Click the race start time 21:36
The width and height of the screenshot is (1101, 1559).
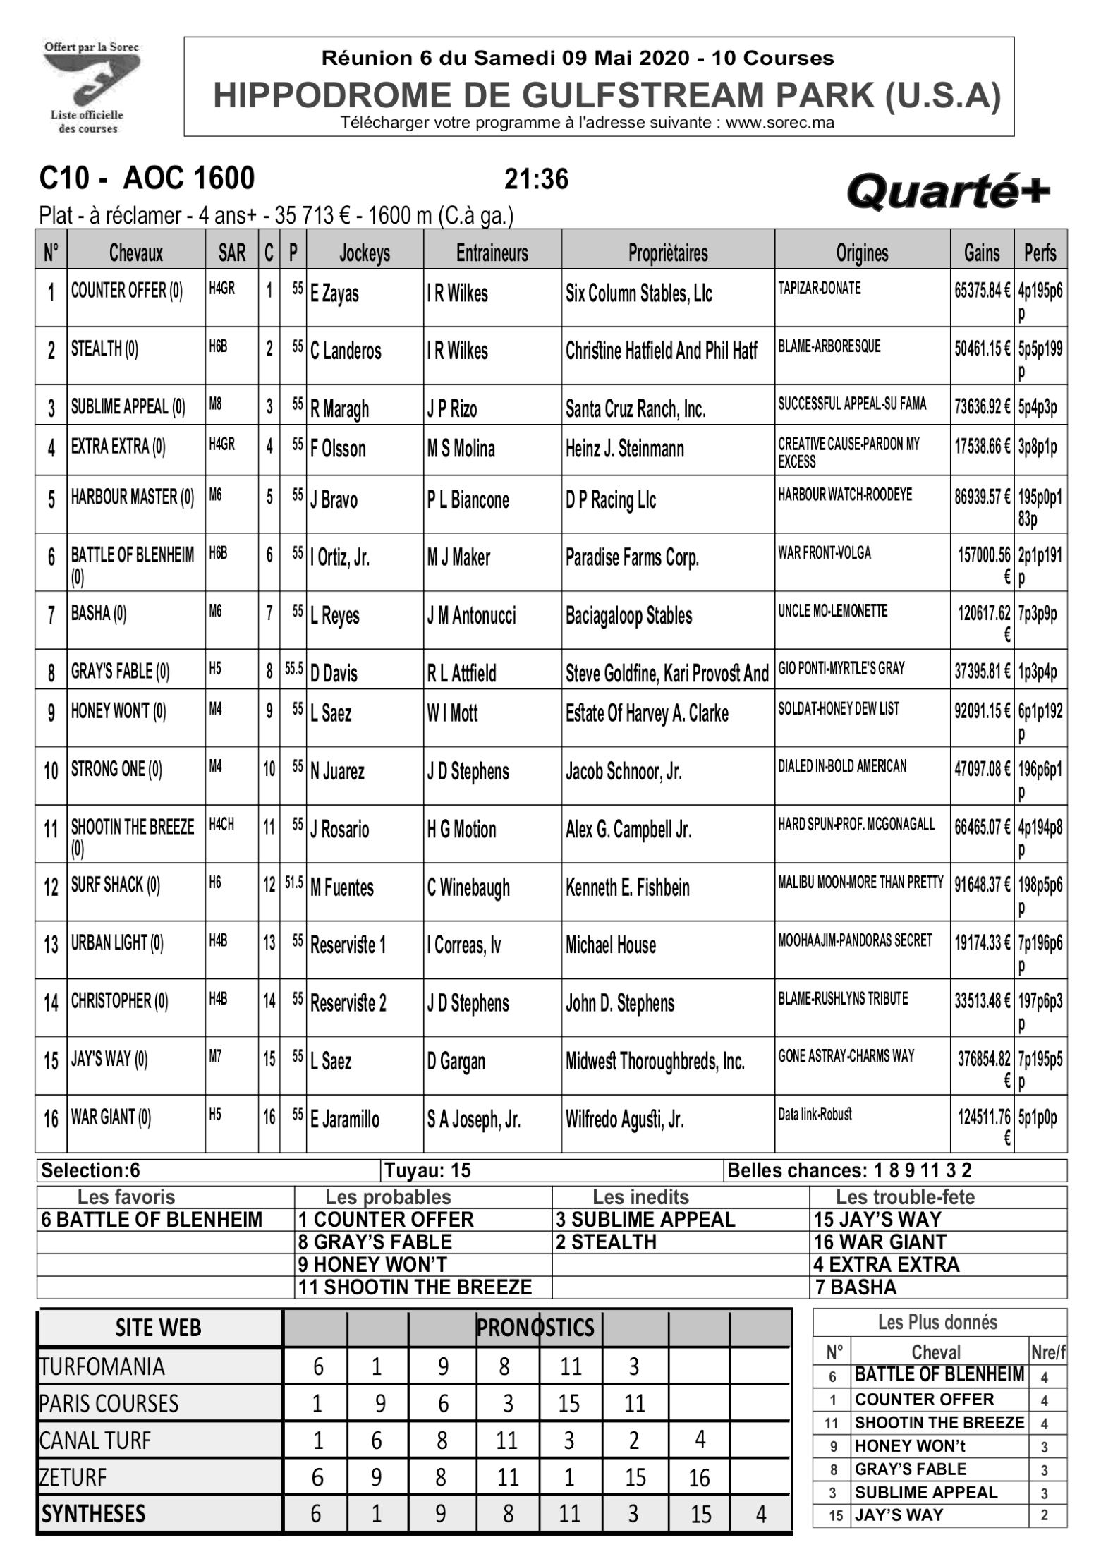click(x=536, y=180)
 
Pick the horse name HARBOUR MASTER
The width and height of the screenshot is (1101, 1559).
click(x=132, y=497)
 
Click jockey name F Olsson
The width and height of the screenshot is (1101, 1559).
click(x=338, y=449)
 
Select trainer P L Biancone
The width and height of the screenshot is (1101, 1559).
click(x=468, y=500)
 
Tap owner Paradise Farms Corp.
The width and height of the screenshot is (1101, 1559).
click(x=632, y=558)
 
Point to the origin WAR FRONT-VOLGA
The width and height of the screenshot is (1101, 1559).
click(x=824, y=552)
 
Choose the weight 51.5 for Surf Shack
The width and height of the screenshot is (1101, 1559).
click(x=293, y=882)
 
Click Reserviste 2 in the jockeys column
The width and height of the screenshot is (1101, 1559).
click(x=348, y=1002)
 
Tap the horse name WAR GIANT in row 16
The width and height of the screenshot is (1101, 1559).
click(x=111, y=1117)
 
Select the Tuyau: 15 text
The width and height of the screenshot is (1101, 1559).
click(x=427, y=1171)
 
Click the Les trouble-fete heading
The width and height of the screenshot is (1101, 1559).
click(x=905, y=1197)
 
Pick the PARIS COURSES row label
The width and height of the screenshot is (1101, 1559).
click(x=109, y=1403)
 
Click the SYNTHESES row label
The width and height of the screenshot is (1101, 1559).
click(x=94, y=1513)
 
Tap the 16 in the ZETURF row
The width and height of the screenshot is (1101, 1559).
click(x=698, y=1477)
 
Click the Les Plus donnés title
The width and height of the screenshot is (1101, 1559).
click(x=937, y=1322)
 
